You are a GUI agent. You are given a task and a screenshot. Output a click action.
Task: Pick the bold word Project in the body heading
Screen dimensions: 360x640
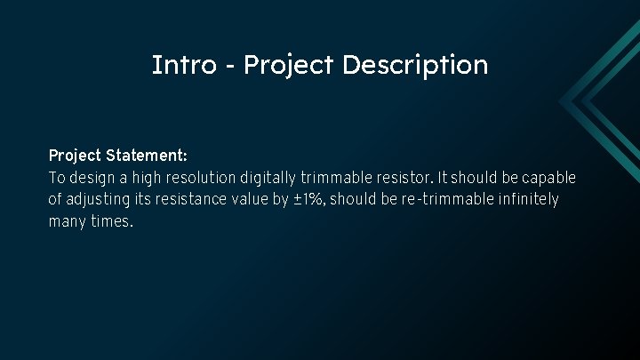point(75,156)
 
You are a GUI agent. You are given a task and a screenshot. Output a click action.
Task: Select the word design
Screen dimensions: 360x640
point(95,178)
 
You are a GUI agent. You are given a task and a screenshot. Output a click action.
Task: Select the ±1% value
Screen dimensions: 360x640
point(309,200)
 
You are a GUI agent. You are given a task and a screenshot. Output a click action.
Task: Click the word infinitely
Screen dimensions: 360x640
point(526,200)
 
